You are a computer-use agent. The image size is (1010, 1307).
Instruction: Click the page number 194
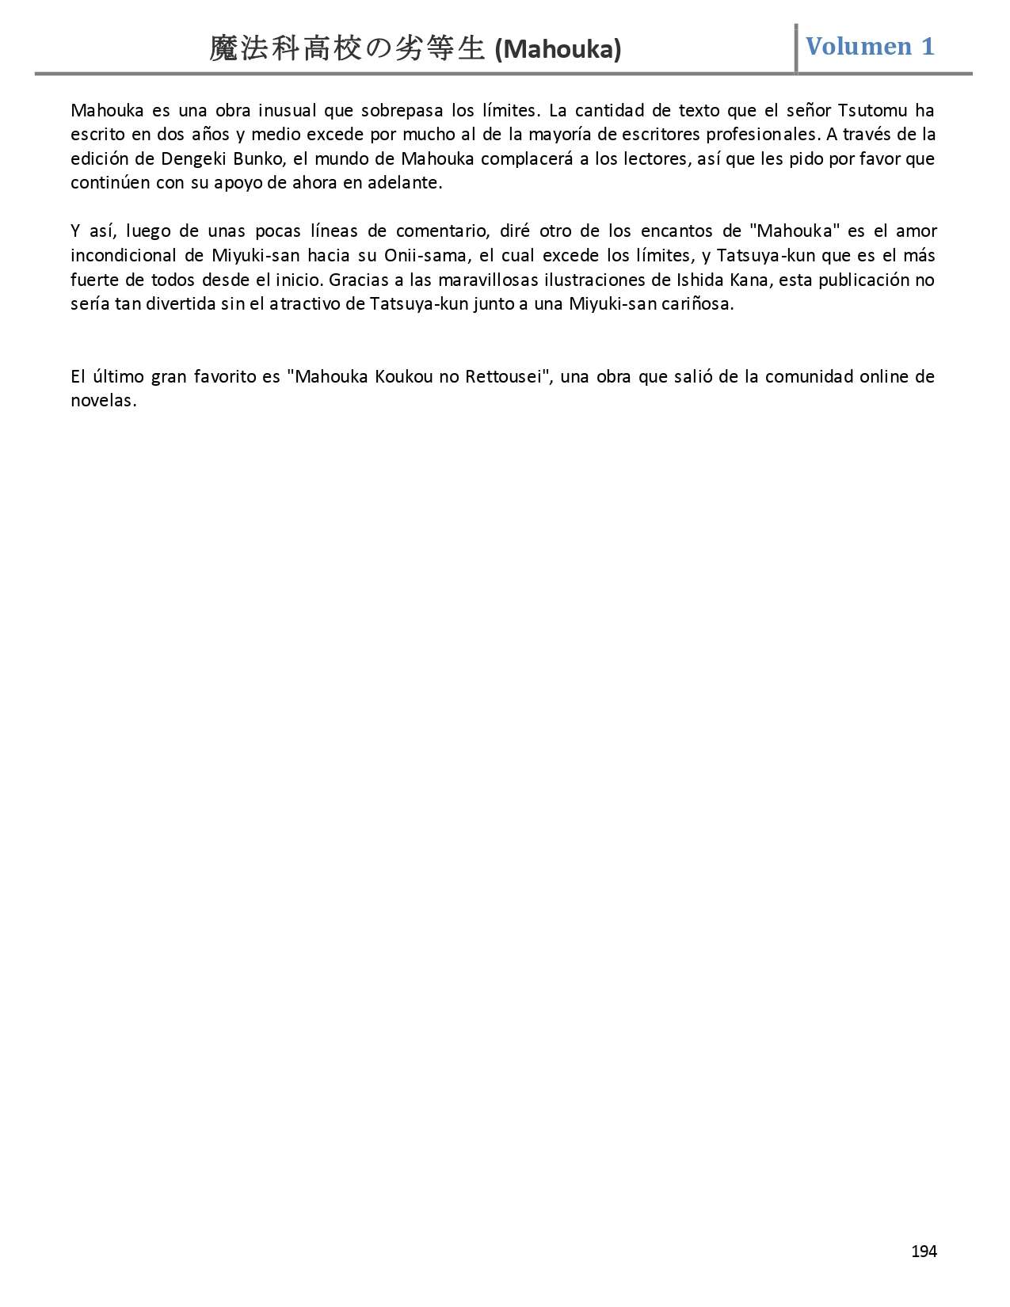[x=924, y=1251]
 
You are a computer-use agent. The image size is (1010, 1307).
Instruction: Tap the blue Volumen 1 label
[x=870, y=46]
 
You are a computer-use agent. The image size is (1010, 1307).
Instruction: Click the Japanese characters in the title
[x=346, y=49]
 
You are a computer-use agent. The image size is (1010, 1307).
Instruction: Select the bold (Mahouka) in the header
[x=558, y=50]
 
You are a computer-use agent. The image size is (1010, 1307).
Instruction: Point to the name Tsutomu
[x=871, y=110]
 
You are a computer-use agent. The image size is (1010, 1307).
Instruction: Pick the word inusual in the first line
[x=285, y=110]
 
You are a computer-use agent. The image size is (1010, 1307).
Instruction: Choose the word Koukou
[x=403, y=376]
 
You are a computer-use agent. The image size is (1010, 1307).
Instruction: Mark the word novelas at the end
[x=103, y=401]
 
